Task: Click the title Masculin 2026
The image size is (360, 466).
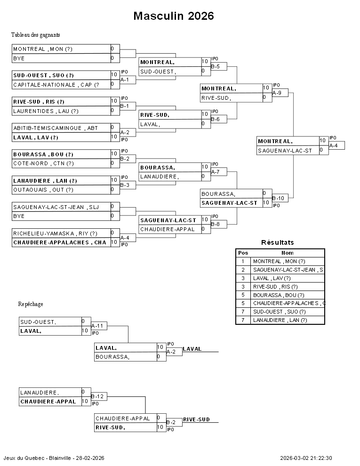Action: pyautogui.click(x=174, y=16)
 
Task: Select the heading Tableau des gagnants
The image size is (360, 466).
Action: pyautogui.click(x=35, y=35)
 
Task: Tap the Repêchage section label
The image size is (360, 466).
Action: pyautogui.click(x=31, y=304)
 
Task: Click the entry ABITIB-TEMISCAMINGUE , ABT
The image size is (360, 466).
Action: pyautogui.click(x=56, y=128)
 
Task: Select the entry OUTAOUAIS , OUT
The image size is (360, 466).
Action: pyautogui.click(x=43, y=190)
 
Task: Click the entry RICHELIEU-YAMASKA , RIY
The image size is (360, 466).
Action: pyautogui.click(x=55, y=233)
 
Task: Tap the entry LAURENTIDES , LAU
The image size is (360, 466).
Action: pyautogui.click(x=46, y=111)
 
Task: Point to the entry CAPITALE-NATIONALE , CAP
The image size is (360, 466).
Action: pyautogui.click(x=56, y=85)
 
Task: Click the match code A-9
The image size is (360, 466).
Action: pyautogui.click(x=277, y=93)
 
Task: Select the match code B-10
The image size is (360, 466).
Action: pyautogui.click(x=278, y=198)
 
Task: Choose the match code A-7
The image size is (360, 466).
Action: pyautogui.click(x=216, y=172)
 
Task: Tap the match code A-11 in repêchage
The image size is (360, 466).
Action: pyautogui.click(x=97, y=326)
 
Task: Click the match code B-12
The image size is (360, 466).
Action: pyautogui.click(x=97, y=396)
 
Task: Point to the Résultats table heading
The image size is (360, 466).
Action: pyautogui.click(x=277, y=243)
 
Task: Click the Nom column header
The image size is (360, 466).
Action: pyautogui.click(x=287, y=253)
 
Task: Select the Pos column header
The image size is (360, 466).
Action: pyautogui.click(x=243, y=253)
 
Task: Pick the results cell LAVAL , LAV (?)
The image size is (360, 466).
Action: pyautogui.click(x=272, y=278)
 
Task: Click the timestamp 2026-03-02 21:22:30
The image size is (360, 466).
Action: pyautogui.click(x=306, y=458)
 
